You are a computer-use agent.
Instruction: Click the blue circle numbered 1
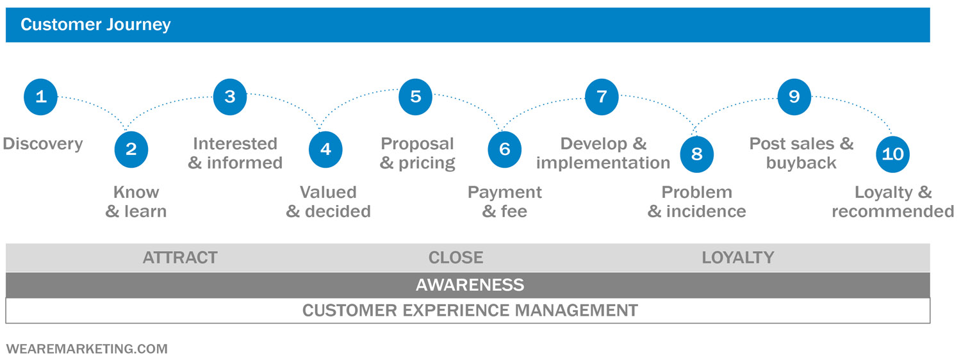click(41, 97)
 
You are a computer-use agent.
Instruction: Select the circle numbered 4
click(325, 149)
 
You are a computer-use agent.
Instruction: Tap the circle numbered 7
click(602, 97)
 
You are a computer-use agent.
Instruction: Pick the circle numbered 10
click(893, 154)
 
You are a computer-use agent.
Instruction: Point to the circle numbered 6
click(505, 149)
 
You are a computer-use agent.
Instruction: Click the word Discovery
click(43, 144)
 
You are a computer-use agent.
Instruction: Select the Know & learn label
click(136, 202)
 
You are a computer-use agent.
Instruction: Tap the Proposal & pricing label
click(418, 153)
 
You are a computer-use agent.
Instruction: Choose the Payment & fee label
click(505, 202)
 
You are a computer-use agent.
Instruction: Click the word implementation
click(604, 163)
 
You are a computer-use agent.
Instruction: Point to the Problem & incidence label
click(697, 202)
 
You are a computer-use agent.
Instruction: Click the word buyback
click(801, 163)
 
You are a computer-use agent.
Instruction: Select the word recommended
click(893, 211)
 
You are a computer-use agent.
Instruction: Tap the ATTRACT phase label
click(180, 258)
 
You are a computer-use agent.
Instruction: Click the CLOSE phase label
click(456, 258)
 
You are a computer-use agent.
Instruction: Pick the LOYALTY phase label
click(738, 258)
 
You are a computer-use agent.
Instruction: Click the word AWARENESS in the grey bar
click(470, 285)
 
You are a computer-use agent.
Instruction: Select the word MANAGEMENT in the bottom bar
click(577, 311)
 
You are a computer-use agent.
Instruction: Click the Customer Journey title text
click(95, 25)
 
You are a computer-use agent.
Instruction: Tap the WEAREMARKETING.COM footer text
click(86, 349)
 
